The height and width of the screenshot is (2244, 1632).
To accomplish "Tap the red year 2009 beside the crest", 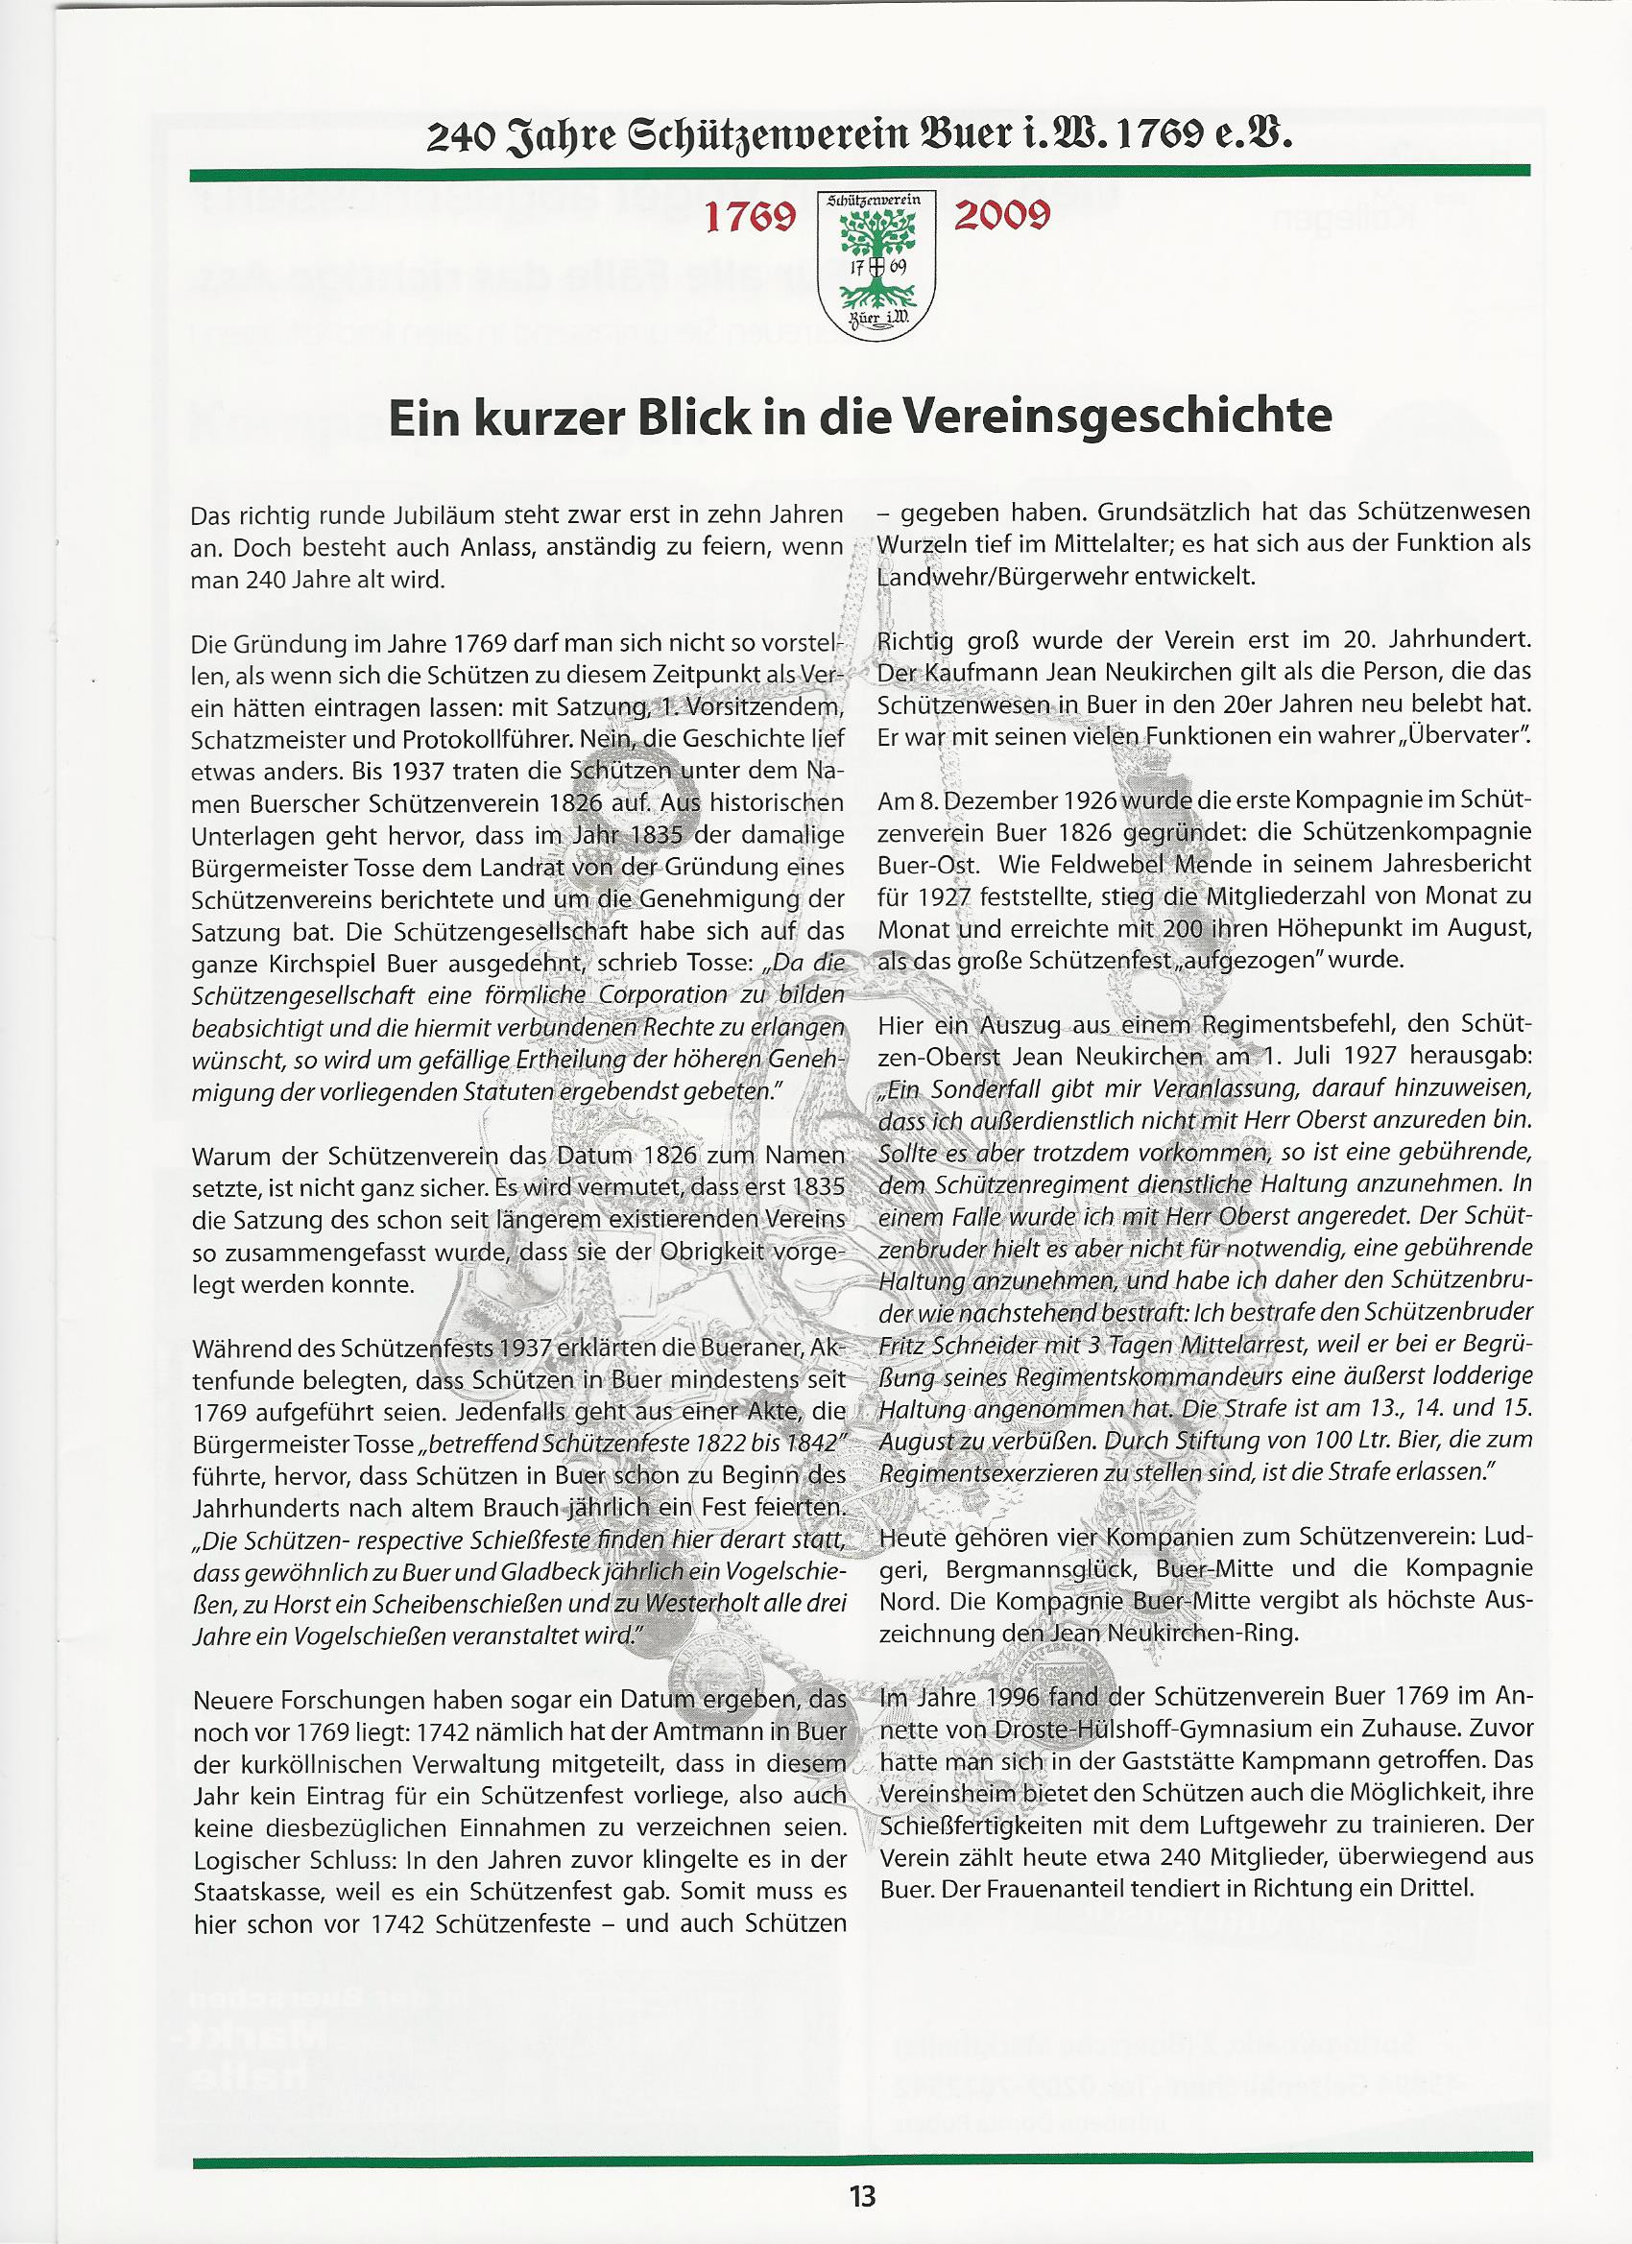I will [x=1001, y=217].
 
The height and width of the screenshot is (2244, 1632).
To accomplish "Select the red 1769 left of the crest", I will [x=750, y=219].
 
